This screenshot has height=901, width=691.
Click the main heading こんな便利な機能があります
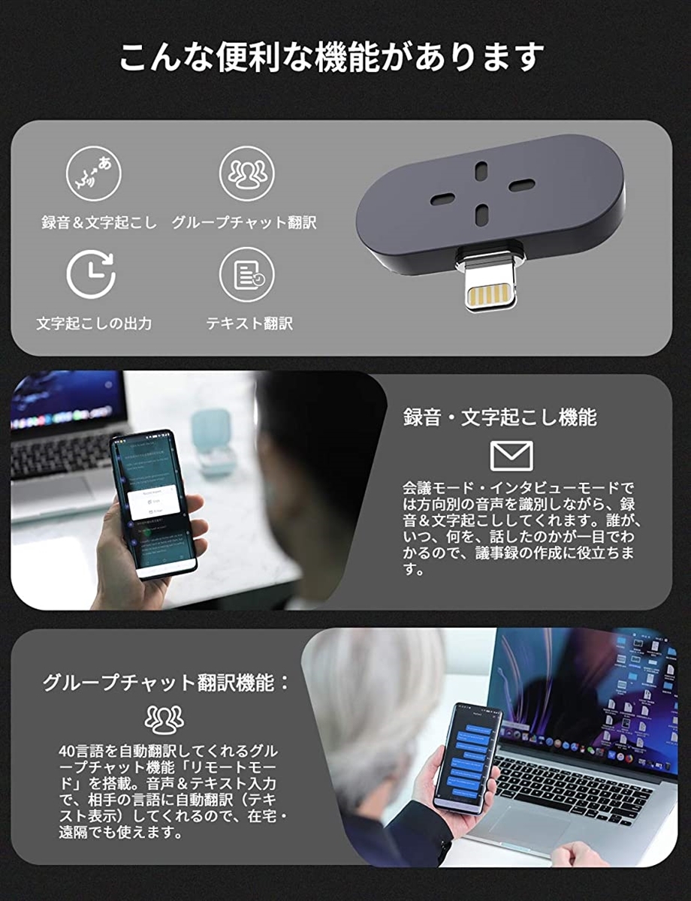click(x=331, y=58)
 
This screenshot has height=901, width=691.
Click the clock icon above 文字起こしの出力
click(x=91, y=274)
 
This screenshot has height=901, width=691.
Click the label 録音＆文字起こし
click(x=99, y=223)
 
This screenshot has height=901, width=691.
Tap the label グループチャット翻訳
click(x=245, y=223)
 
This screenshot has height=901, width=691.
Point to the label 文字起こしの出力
click(x=94, y=324)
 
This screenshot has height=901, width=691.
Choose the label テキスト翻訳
click(x=249, y=324)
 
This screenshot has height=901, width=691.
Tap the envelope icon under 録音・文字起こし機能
click(x=511, y=456)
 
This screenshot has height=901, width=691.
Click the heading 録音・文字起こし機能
click(x=500, y=417)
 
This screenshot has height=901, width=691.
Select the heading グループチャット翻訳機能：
click(x=166, y=683)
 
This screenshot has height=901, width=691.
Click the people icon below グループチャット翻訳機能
click(x=164, y=719)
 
